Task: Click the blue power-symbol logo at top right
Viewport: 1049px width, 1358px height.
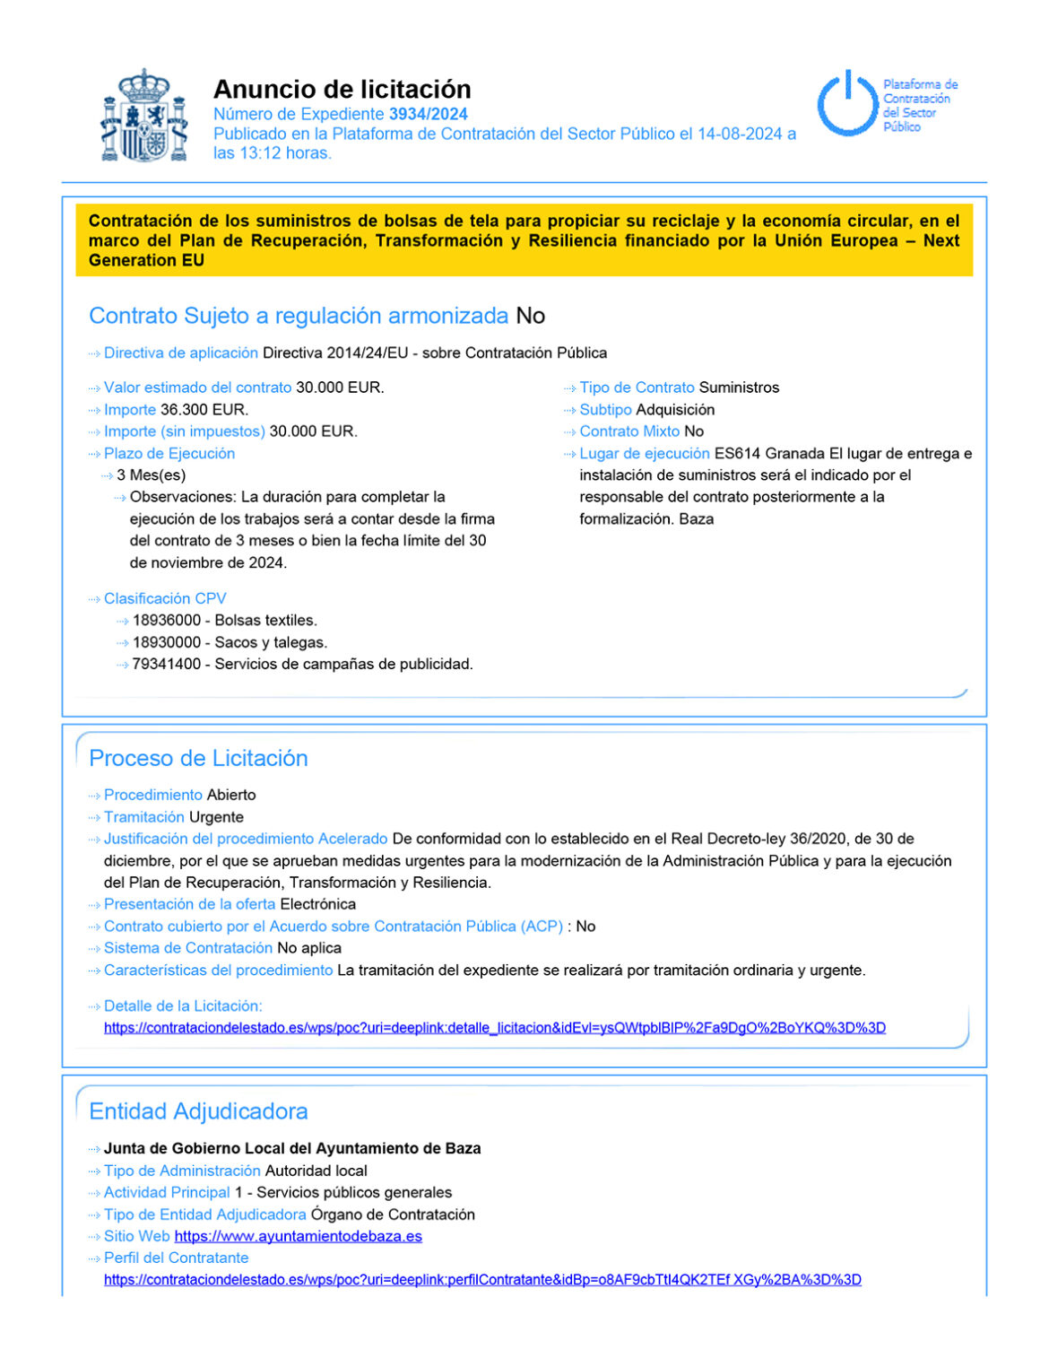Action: (846, 104)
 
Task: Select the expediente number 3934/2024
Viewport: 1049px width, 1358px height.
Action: (428, 114)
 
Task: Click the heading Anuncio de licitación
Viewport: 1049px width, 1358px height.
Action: (342, 89)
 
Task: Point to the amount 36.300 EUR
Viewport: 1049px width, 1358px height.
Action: (204, 410)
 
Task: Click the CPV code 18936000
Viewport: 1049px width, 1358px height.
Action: (167, 621)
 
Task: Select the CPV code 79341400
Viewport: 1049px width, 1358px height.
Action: (167, 665)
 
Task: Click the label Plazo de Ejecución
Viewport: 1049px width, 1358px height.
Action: (169, 454)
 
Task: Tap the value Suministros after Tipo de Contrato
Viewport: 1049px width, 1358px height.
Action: (739, 387)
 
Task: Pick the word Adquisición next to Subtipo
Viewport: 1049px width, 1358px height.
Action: (675, 410)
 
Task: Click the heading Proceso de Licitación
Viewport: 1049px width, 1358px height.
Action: (198, 758)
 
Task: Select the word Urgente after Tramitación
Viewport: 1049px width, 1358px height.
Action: (216, 817)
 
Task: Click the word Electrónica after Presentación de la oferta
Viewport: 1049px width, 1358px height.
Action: (317, 904)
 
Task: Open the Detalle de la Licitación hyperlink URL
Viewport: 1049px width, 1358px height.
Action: (494, 1028)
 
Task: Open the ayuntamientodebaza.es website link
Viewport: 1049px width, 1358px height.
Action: (298, 1236)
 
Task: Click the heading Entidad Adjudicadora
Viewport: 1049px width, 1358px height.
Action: (198, 1111)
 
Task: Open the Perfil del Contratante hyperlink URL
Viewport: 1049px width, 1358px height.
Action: (482, 1280)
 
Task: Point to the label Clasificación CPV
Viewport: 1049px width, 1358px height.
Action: (165, 598)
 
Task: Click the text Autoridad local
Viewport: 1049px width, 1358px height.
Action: (316, 1171)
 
